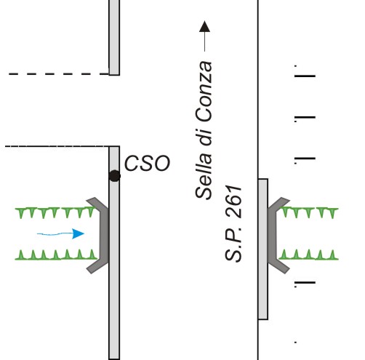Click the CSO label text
(147, 163)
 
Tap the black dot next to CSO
(115, 176)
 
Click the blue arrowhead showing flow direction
(78, 233)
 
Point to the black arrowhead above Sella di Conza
(204, 26)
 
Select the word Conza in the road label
(204, 92)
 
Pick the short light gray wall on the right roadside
(263, 249)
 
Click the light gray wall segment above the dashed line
(114, 38)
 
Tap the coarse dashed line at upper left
(59, 74)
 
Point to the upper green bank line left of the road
(56, 212)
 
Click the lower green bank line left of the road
(56, 255)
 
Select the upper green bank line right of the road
(309, 212)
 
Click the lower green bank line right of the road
(308, 255)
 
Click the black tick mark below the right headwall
(305, 283)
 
